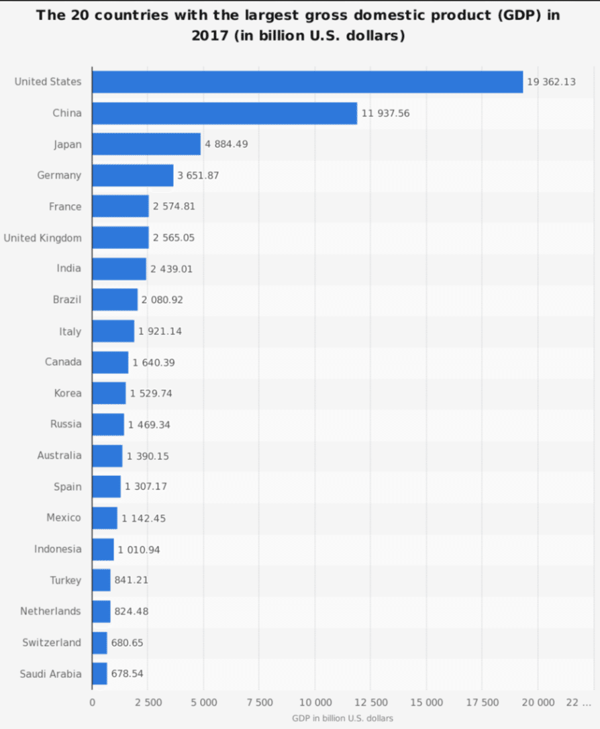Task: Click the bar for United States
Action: pyautogui.click(x=307, y=82)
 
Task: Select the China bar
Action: pyautogui.click(x=224, y=113)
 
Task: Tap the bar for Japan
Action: pyautogui.click(x=146, y=144)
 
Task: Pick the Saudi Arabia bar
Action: pyautogui.click(x=99, y=673)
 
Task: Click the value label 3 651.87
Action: pyautogui.click(x=198, y=175)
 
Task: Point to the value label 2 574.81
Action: pyautogui.click(x=174, y=206)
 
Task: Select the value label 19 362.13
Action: pyautogui.click(x=551, y=82)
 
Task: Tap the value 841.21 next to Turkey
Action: pyautogui.click(x=132, y=580)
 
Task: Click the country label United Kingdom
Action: pyautogui.click(x=43, y=238)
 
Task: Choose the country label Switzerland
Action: pyautogui.click(x=52, y=642)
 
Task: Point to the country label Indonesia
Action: pyautogui.click(x=58, y=549)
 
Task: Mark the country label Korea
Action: pyautogui.click(x=68, y=393)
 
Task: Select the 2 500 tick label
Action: pyautogui.click(x=148, y=702)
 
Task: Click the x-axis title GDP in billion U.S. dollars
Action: pyautogui.click(x=342, y=718)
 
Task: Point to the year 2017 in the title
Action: pyautogui.click(x=211, y=35)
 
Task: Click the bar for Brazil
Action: pyautogui.click(x=115, y=300)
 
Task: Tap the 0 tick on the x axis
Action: pyautogui.click(x=93, y=702)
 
